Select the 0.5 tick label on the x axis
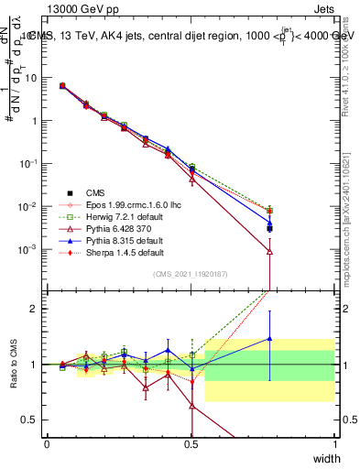[191, 442]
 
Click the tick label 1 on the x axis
[335, 442]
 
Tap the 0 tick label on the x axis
[47, 442]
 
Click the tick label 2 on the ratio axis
[34, 309]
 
